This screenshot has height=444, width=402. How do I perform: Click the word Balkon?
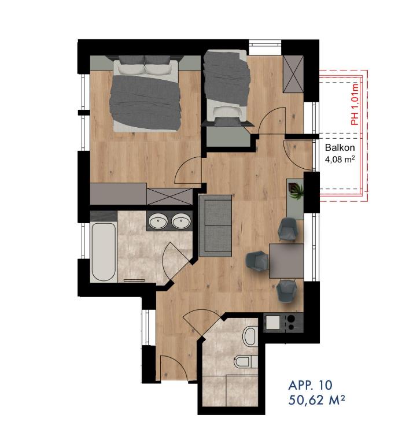point(340,147)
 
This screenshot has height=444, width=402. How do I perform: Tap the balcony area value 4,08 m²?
point(340,160)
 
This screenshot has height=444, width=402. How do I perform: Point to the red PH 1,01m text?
point(355,104)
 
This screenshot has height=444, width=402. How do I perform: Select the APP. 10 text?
point(310,385)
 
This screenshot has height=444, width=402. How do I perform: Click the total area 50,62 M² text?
point(317,400)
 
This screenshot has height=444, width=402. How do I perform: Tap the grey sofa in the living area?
point(216,225)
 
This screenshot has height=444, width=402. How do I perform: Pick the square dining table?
point(286,261)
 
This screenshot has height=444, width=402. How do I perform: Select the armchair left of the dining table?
point(257,261)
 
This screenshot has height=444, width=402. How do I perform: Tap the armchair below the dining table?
point(287,291)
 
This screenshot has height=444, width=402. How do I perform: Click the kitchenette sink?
point(273,322)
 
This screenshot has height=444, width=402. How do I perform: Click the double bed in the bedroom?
point(146,94)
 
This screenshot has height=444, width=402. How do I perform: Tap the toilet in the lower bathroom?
point(245,362)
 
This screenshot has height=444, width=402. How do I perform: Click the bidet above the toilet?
point(250,336)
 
